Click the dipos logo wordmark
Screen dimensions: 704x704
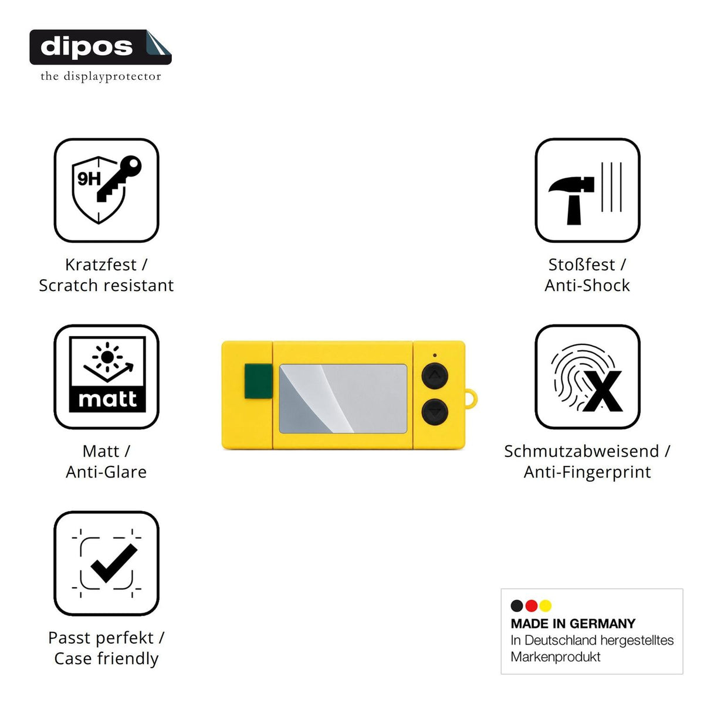87,47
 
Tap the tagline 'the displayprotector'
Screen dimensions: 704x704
101,76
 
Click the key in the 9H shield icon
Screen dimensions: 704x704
119,178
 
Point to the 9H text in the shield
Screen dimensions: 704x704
89,179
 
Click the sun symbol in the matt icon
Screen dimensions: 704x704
107,357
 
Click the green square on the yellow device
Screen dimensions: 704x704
258,381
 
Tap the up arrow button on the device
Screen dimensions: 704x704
435,376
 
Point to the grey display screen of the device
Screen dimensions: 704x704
343,398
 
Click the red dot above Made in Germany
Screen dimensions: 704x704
531,605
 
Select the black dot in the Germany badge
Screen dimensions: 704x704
517,605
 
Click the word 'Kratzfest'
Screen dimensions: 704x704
101,265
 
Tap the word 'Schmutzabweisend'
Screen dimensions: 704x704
581,451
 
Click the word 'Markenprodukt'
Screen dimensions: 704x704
556,656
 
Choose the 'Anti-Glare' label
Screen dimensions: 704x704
106,472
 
